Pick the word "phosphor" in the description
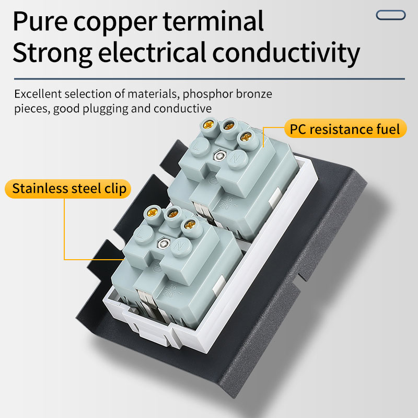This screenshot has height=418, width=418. [x=201, y=95]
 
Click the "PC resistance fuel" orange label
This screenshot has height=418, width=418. [x=345, y=129]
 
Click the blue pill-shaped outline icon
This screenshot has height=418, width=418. [x=390, y=15]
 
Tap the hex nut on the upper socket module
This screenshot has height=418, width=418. [x=219, y=155]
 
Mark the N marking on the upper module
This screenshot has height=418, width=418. [x=235, y=158]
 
